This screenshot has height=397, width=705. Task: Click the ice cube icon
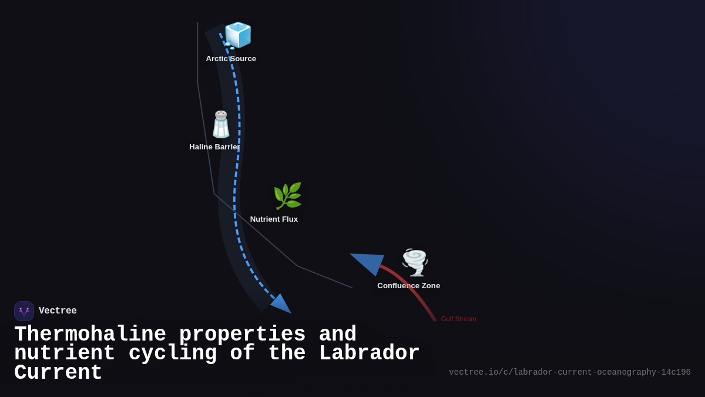(238, 35)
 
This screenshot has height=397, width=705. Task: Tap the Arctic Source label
(231, 59)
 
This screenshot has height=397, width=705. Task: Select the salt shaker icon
(221, 125)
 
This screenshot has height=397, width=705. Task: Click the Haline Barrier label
(214, 147)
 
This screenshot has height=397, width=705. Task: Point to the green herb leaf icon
(287, 196)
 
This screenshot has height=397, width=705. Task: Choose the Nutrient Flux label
(274, 219)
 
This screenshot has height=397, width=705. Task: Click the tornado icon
(415, 262)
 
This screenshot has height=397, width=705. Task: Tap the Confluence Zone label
(408, 286)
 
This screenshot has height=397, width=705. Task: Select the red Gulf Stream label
(458, 319)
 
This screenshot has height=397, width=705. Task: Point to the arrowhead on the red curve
(369, 262)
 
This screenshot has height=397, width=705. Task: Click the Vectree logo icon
(24, 311)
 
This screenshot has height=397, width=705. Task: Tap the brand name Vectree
(58, 311)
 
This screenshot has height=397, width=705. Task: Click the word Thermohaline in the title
(90, 335)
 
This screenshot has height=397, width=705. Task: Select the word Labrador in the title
(369, 353)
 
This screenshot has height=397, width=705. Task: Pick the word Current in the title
(58, 373)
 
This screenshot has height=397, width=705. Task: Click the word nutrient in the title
(65, 353)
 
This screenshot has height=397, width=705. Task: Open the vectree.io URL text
(569, 372)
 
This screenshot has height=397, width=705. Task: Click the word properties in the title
(242, 335)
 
